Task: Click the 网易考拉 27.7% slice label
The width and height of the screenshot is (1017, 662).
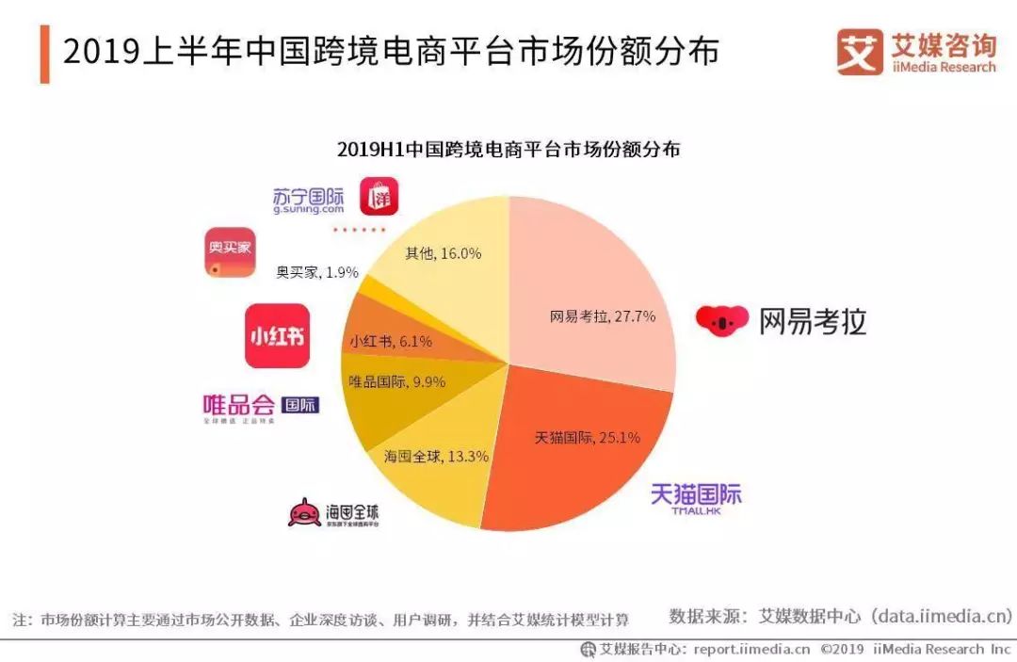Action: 603,316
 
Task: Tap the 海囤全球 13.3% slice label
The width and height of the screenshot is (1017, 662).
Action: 436,457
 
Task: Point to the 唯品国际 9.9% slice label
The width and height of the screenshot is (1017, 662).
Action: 396,381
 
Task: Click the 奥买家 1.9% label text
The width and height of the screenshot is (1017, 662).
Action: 316,272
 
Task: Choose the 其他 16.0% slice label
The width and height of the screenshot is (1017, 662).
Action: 443,252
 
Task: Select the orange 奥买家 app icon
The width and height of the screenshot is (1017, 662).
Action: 230,253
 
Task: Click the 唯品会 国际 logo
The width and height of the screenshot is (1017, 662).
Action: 261,407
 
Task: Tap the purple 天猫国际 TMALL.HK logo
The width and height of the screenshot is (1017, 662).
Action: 697,498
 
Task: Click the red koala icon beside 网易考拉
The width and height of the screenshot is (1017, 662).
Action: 722,320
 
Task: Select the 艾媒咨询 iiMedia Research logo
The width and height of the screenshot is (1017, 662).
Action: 915,52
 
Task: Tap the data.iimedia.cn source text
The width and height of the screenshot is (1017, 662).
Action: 941,617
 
